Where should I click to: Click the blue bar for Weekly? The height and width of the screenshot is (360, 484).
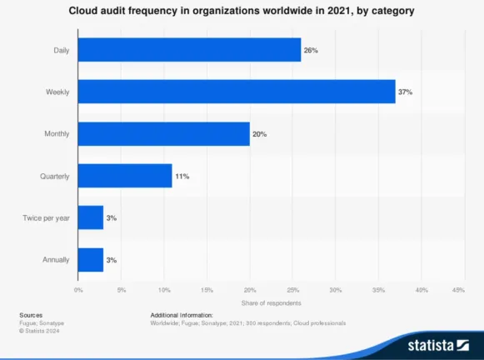237,92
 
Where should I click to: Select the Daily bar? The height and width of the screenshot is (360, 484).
189,50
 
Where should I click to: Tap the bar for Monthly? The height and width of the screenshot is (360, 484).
163,133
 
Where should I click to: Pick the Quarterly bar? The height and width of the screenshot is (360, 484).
125,176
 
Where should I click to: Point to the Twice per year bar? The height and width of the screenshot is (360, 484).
90,217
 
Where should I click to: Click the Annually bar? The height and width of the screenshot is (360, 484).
90,260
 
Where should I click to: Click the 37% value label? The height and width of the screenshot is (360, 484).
407,92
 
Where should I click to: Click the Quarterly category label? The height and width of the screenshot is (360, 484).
55,176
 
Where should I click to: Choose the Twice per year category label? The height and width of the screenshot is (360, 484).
47,217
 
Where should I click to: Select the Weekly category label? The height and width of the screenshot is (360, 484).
57,92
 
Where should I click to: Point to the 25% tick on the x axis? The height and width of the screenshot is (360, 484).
292,290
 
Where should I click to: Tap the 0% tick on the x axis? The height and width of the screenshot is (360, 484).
78,290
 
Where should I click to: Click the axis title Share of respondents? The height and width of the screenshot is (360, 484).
271,302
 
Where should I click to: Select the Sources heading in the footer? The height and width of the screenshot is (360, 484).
32,315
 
